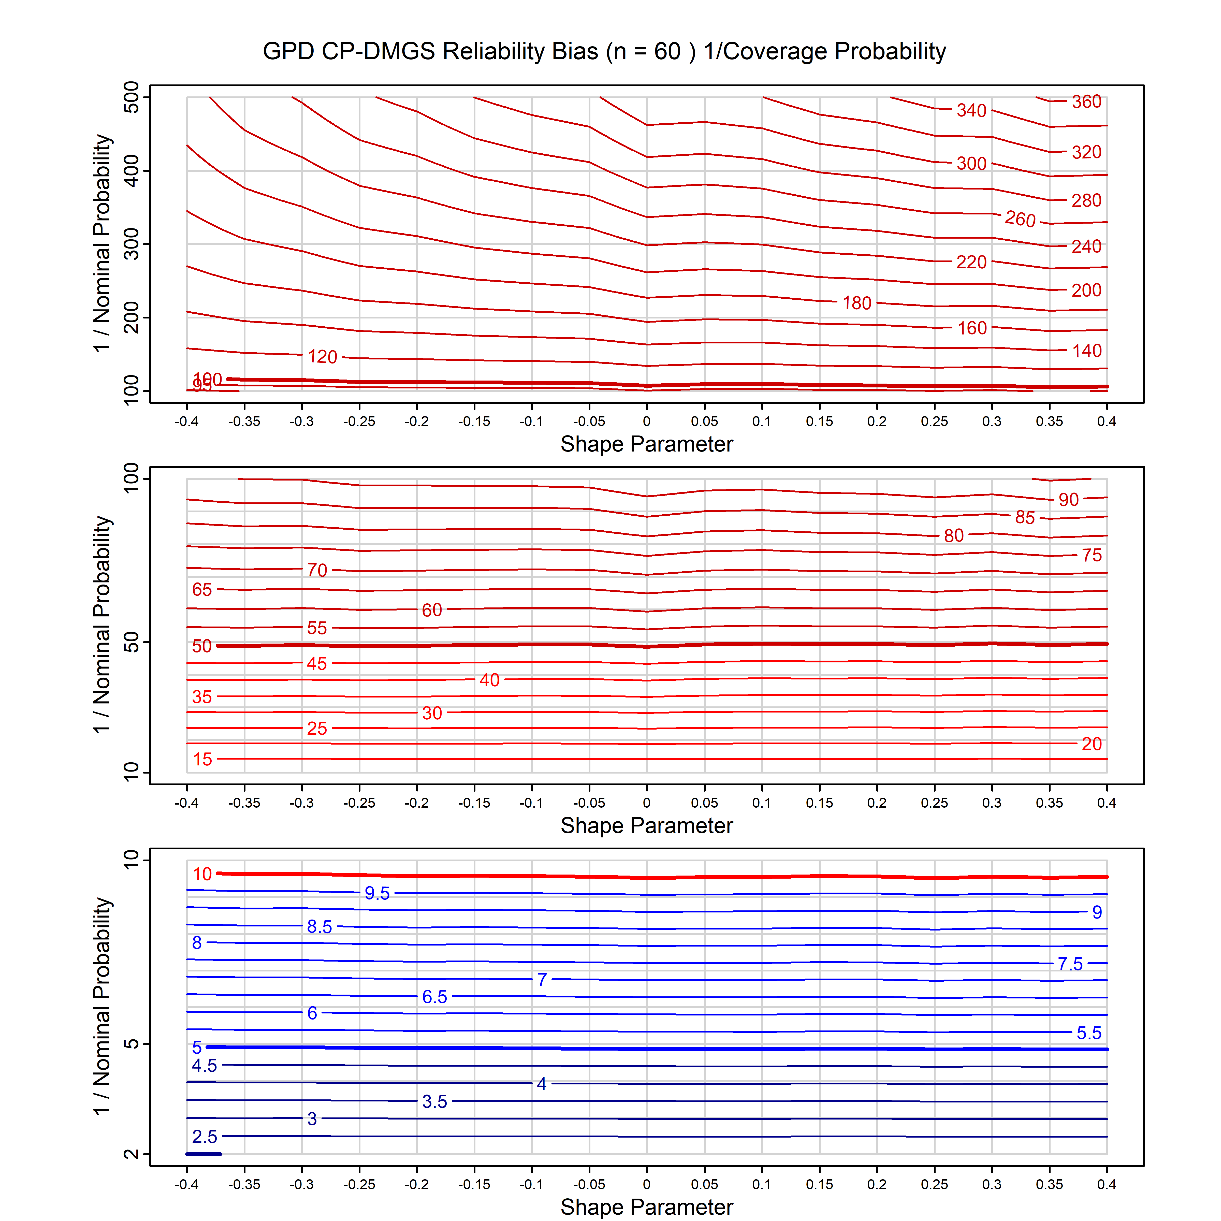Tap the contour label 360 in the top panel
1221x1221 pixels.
(x=1086, y=102)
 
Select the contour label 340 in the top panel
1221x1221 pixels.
(x=971, y=111)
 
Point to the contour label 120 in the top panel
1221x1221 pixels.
(x=322, y=356)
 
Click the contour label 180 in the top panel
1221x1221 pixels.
(x=857, y=303)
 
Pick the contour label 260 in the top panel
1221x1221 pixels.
(x=1020, y=219)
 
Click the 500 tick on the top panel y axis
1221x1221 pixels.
(x=132, y=97)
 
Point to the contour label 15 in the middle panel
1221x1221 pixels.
(x=202, y=759)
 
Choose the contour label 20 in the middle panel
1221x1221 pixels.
(x=1092, y=744)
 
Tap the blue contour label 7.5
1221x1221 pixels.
(x=1070, y=964)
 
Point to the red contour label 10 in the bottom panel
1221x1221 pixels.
(x=202, y=874)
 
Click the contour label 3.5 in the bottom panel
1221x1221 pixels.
(x=435, y=1101)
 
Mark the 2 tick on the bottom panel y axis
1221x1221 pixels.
(x=132, y=1154)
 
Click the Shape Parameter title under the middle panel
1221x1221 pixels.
(x=647, y=825)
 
